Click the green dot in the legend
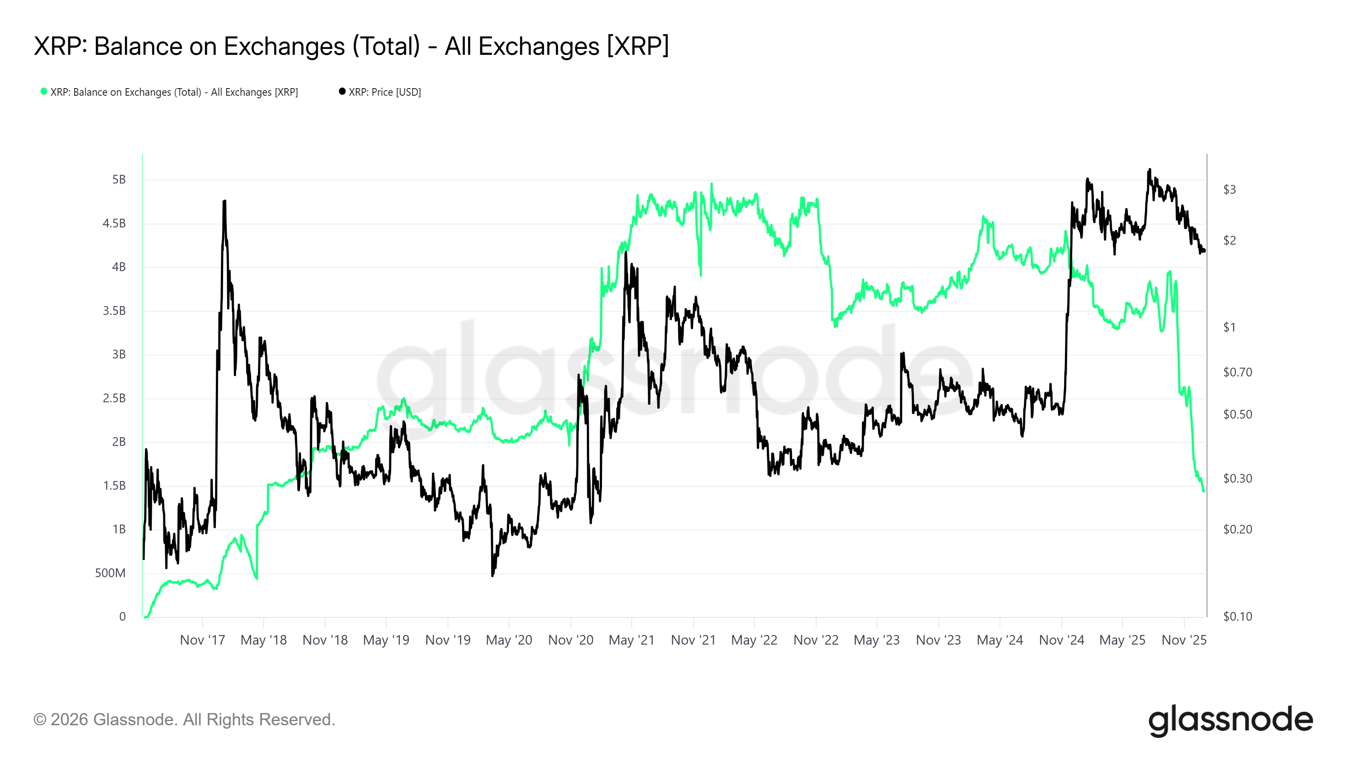click(x=44, y=92)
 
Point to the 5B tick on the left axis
click(x=119, y=180)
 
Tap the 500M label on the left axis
click(x=110, y=573)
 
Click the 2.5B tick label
click(x=114, y=398)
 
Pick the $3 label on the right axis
click(x=1229, y=190)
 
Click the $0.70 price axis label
click(x=1237, y=372)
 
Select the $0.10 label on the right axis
click(x=1237, y=616)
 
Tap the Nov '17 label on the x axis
click(x=202, y=640)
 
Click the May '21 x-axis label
click(x=632, y=640)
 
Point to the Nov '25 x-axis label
click(x=1183, y=640)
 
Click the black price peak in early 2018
click(x=225, y=201)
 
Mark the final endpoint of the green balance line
click(x=1204, y=491)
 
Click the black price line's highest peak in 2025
click(x=1150, y=170)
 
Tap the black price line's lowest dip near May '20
click(x=492, y=575)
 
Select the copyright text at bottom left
click(x=184, y=720)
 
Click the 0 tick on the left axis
click(x=123, y=616)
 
